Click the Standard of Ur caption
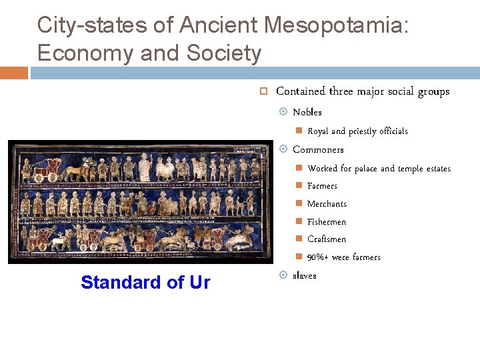point(145,283)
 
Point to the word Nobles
point(307,112)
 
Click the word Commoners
point(318,149)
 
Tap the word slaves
point(305,275)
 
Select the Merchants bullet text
point(327,204)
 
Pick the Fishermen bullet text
point(327,222)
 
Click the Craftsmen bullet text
point(327,239)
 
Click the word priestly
point(363,131)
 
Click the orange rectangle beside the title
point(14,73)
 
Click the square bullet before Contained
point(263,91)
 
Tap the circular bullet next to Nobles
point(283,112)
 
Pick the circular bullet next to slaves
point(283,275)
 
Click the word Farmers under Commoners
point(322,186)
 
